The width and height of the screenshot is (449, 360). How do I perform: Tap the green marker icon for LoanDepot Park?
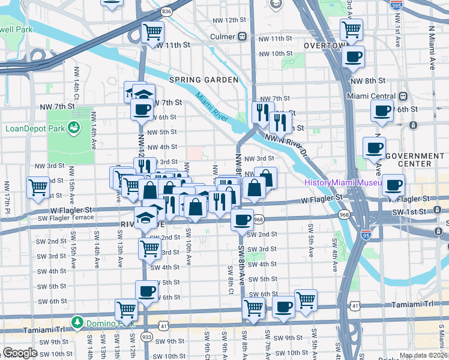(x=74, y=128)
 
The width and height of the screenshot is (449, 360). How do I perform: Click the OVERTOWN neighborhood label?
(x=326, y=46)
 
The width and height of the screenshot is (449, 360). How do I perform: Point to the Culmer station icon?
(x=243, y=37)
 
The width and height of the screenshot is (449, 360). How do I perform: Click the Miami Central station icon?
(x=403, y=96)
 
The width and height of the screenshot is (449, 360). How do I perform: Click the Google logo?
(x=20, y=353)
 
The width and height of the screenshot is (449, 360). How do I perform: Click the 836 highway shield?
(x=166, y=11)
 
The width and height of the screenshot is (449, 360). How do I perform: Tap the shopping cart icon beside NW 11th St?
(x=153, y=31)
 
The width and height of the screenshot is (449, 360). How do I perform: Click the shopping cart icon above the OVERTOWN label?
(x=351, y=29)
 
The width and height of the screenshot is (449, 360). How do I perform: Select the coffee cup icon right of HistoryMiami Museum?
(x=394, y=185)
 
